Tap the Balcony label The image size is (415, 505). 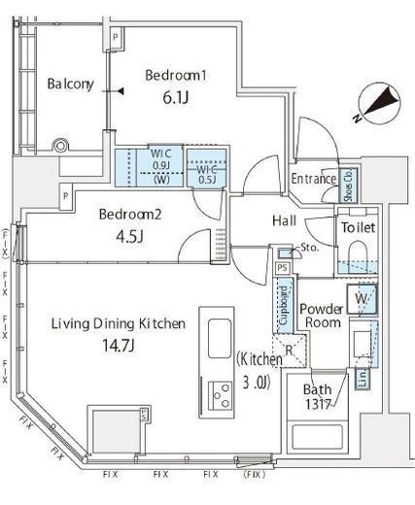[x=70, y=84]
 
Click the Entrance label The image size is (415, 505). [x=314, y=179]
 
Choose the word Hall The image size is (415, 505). [x=284, y=221]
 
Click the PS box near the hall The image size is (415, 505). [x=282, y=268]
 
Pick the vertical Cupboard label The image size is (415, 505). [x=283, y=308]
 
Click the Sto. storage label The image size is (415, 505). [x=310, y=249]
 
